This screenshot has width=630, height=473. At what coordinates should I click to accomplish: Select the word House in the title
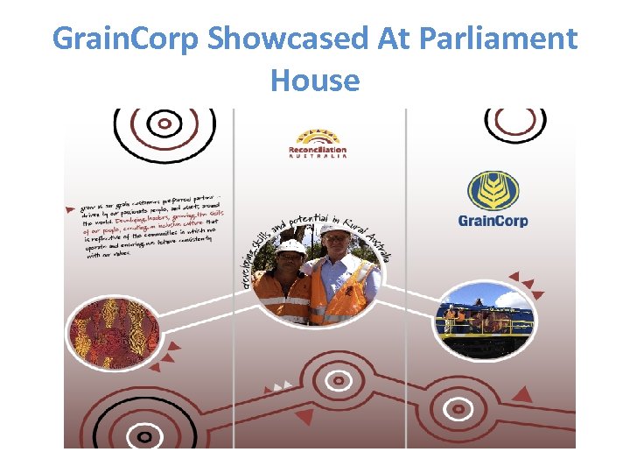click(x=315, y=81)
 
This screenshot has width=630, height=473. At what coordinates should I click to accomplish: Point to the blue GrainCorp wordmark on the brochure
click(x=493, y=220)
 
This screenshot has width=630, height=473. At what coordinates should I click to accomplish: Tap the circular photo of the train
click(x=484, y=320)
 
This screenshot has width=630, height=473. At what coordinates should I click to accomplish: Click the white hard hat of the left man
click(x=291, y=248)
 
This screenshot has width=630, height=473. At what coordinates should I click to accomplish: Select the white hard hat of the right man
click(x=333, y=229)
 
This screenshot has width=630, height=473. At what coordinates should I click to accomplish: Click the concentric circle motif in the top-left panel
click(x=164, y=125)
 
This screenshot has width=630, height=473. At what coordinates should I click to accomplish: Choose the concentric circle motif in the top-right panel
click(x=515, y=121)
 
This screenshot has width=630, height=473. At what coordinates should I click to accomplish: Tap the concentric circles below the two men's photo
click(x=338, y=381)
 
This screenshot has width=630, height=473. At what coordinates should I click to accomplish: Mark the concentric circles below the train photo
click(x=458, y=408)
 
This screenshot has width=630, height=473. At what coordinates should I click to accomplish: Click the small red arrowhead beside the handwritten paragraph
click(x=70, y=210)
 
